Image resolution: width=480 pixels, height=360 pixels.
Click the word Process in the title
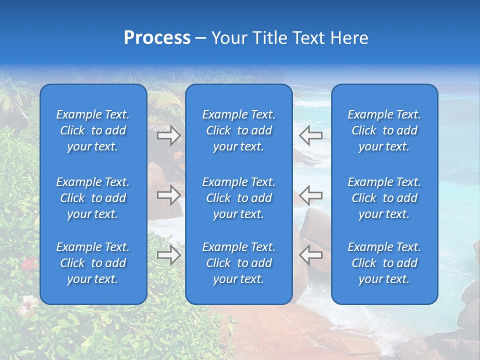coord(157,38)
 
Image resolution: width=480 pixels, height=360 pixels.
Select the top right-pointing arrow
coord(169,135)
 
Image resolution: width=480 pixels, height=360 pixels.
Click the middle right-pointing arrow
coord(169,195)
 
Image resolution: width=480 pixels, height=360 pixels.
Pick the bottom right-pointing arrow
coord(169,255)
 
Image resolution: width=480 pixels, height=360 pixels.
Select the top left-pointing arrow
coord(310,135)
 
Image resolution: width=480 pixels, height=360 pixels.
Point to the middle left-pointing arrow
coord(310,195)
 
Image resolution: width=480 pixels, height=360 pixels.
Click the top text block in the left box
coord(93,130)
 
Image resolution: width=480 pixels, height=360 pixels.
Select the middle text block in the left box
coord(93,198)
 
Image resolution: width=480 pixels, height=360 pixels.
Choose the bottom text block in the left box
coord(93,263)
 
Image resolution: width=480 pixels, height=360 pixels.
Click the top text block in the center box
coord(238,130)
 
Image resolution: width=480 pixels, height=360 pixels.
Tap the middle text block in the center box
coord(238,198)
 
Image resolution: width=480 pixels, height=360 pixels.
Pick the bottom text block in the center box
coord(238,263)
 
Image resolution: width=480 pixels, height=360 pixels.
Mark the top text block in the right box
coord(384,130)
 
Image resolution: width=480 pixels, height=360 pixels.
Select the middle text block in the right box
coord(384,198)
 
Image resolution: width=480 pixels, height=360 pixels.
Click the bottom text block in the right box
coord(384,263)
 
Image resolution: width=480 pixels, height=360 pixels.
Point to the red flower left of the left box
coord(29,263)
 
